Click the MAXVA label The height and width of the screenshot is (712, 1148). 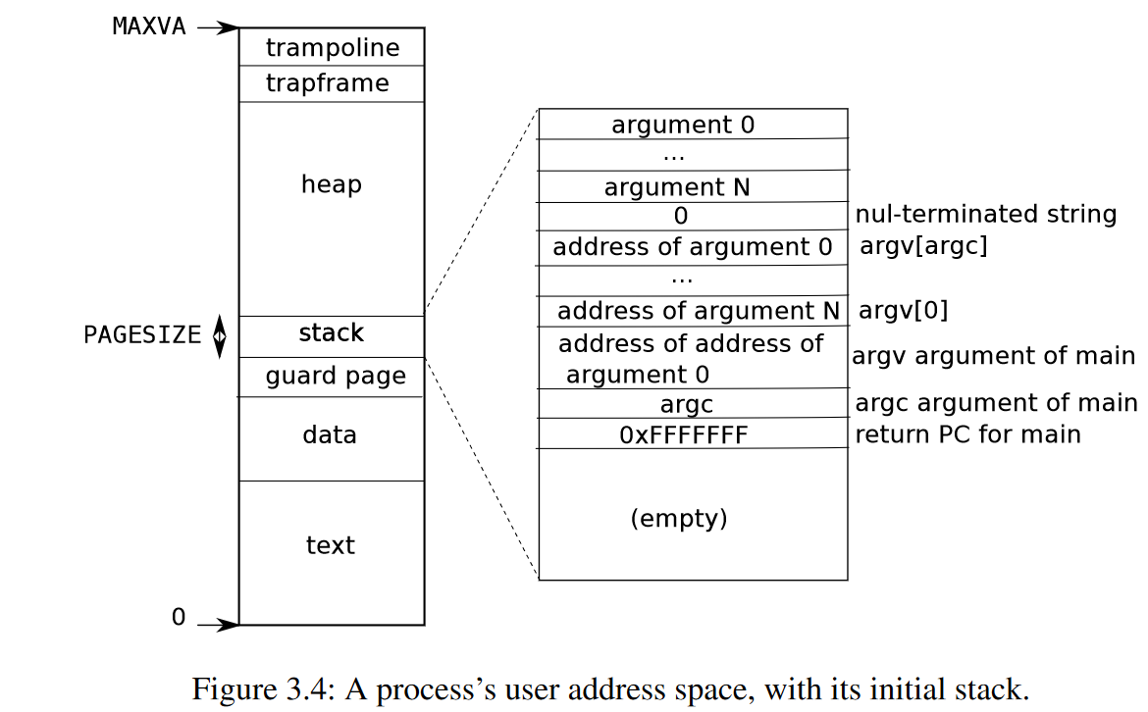pos(149,26)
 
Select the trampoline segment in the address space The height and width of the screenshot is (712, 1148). pos(332,47)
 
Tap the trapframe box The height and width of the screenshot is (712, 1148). pos(327,83)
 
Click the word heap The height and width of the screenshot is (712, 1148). pos(331,184)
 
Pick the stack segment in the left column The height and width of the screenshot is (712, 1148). pos(331,333)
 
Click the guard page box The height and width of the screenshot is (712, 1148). pos(335,377)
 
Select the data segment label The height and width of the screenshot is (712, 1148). pos(330,434)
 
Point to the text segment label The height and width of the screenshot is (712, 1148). pos(330,545)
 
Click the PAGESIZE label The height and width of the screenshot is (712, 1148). pos(142,335)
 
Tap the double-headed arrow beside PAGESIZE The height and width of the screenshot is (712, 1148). pos(220,335)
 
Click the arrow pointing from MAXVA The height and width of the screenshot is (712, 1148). pos(216,27)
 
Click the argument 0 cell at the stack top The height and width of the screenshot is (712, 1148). pos(683,126)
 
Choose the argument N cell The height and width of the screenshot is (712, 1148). pos(677,187)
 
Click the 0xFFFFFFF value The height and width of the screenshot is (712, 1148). pos(683,434)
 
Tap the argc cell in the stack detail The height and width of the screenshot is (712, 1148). pos(686,404)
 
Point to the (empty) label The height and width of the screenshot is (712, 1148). pos(679,518)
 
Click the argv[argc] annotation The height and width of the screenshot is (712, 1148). pos(923,246)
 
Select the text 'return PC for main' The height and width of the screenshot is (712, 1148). pos(967,433)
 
